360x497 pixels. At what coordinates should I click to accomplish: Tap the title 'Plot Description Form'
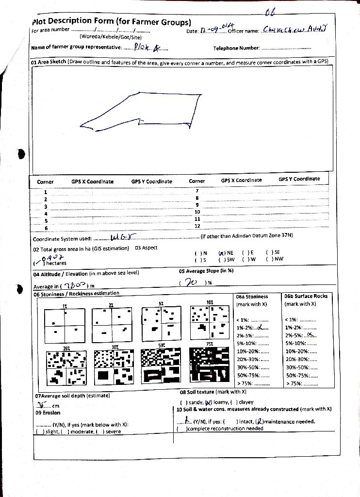click(x=111, y=21)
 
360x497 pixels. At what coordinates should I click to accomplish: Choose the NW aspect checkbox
click(x=268, y=259)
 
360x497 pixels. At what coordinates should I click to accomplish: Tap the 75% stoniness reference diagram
click(x=210, y=366)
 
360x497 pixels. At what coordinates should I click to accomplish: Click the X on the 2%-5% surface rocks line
click(x=311, y=335)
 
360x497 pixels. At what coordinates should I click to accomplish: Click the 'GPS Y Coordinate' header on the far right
click(x=299, y=179)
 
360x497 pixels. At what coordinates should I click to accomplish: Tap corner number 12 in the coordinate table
click(x=197, y=226)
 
